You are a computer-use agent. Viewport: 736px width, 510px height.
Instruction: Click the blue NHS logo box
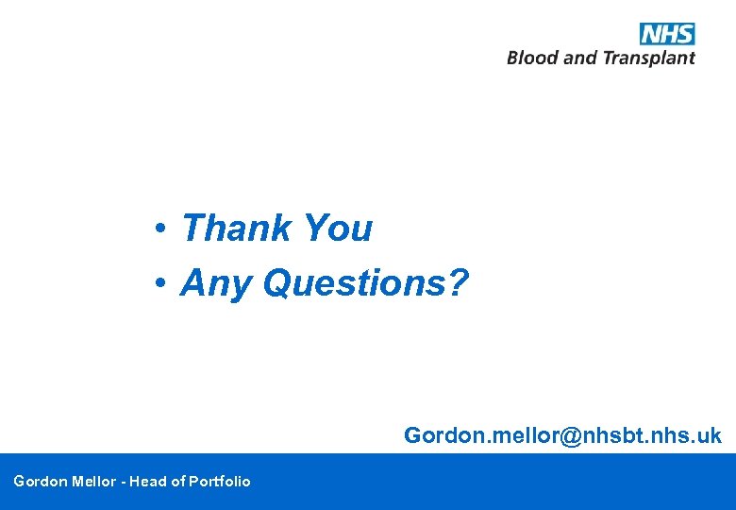(667, 34)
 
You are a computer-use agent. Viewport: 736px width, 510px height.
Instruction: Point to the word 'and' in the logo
(580, 58)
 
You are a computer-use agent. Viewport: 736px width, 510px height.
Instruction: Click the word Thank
(237, 229)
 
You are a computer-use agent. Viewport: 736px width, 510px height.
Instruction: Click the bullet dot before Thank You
(162, 229)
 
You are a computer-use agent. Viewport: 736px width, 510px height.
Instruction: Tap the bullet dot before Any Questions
(162, 282)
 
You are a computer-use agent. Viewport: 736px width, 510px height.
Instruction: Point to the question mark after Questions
(458, 281)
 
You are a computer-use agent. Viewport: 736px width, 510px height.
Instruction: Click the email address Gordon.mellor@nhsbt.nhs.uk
(562, 435)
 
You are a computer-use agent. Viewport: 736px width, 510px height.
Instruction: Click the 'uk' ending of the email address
(710, 435)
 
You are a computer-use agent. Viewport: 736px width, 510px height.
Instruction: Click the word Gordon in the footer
(41, 482)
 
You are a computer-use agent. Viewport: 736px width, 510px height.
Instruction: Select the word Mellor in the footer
(95, 482)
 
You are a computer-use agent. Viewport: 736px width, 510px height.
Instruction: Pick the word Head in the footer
(147, 482)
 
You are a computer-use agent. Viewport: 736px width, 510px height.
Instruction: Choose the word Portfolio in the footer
(220, 482)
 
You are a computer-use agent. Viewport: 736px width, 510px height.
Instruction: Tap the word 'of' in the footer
(177, 482)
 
